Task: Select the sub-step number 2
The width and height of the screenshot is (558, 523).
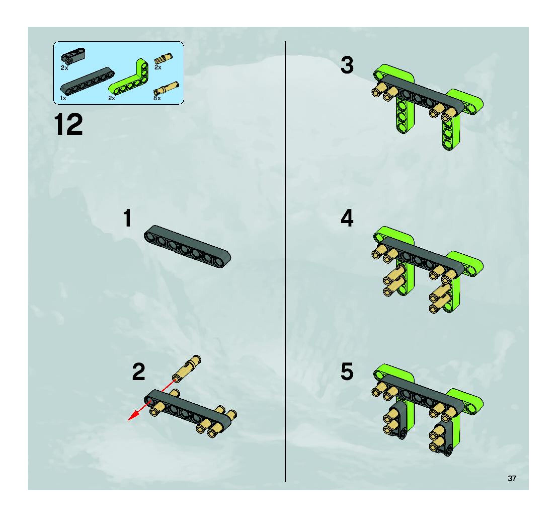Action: click(x=139, y=372)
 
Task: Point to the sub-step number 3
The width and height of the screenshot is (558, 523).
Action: click(x=347, y=65)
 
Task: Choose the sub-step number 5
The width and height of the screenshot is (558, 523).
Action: click(x=347, y=372)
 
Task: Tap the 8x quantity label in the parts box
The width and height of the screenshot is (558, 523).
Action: click(x=157, y=98)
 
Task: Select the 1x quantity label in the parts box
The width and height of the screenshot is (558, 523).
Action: click(x=63, y=98)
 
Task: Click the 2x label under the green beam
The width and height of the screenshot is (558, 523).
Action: click(x=111, y=98)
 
